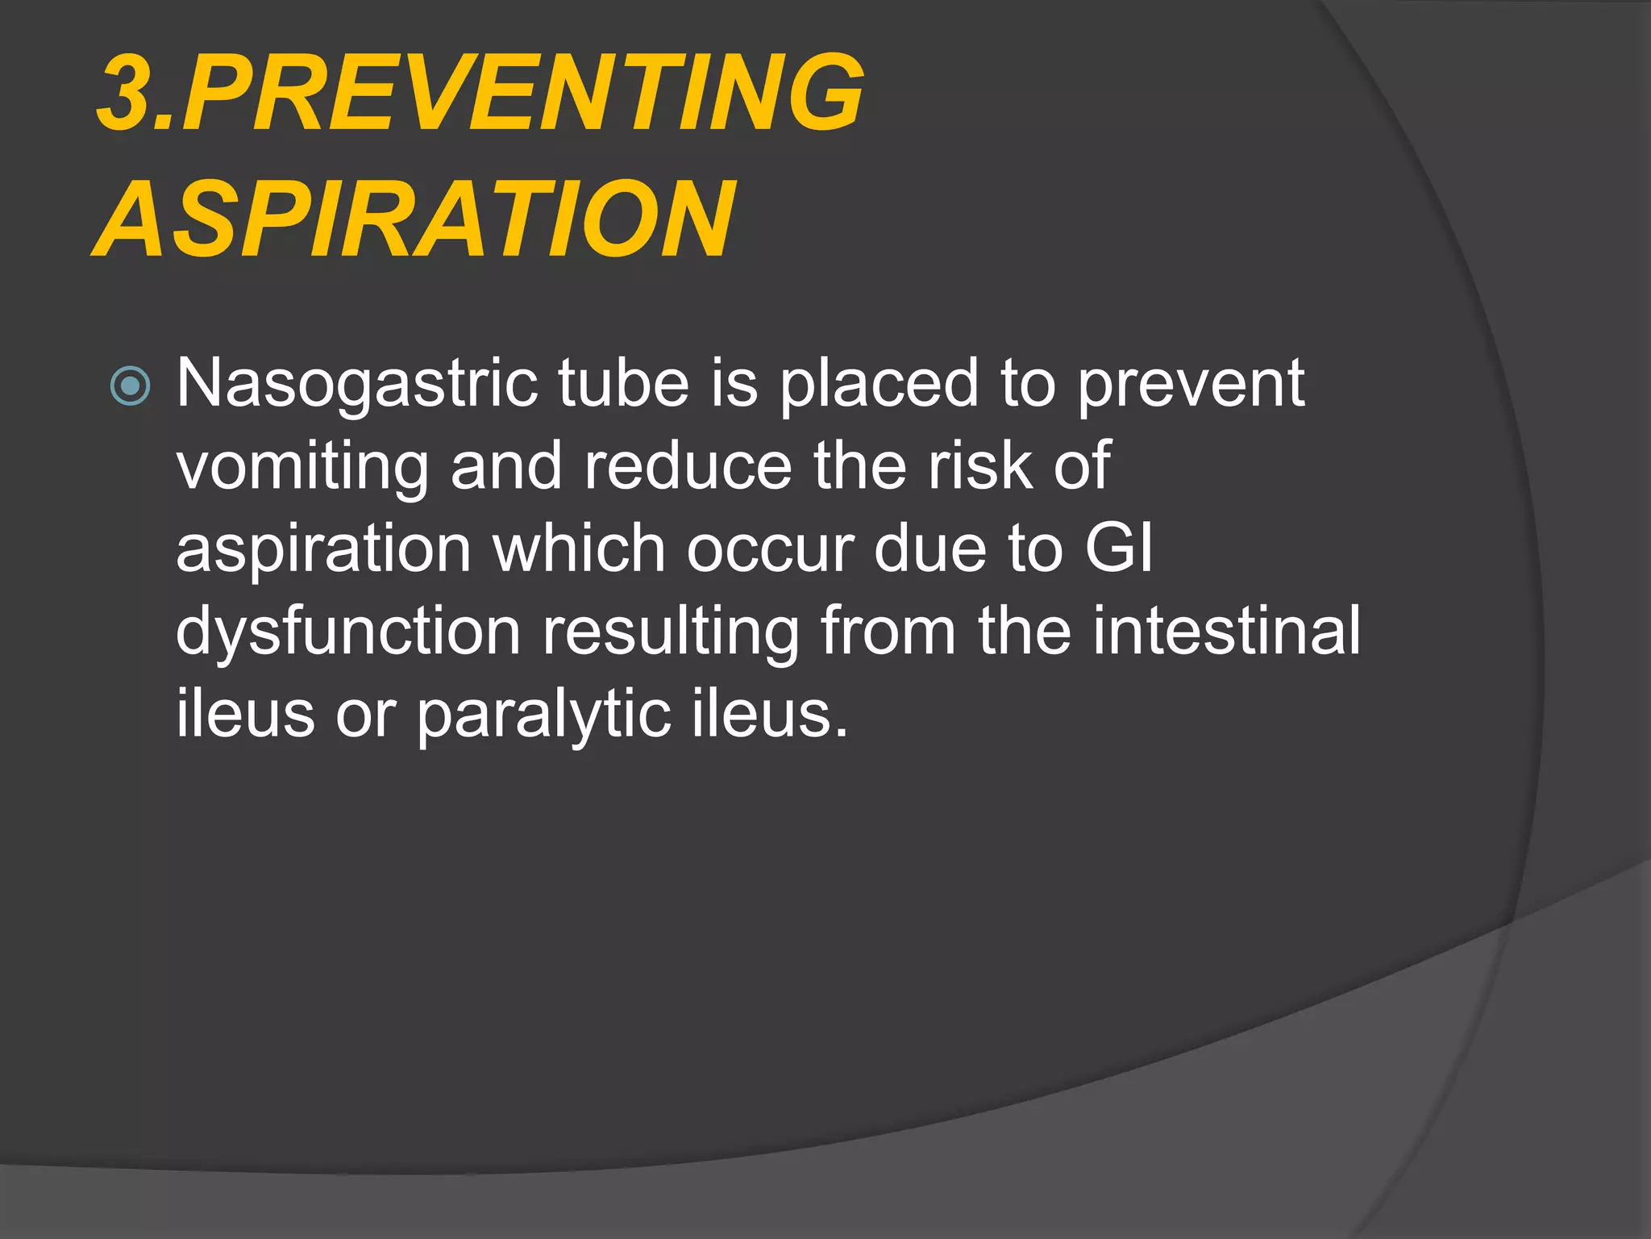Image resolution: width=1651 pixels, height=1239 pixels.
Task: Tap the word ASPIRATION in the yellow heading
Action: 414,219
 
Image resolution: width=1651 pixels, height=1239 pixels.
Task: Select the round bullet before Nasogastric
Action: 130,386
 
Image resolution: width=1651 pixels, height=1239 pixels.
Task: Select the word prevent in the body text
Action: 1191,385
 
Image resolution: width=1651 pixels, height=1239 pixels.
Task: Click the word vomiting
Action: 303,468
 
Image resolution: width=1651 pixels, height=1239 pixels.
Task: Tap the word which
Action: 579,549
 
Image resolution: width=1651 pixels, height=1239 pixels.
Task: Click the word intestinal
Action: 1226,632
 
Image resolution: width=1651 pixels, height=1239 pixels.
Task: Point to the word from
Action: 888,632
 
